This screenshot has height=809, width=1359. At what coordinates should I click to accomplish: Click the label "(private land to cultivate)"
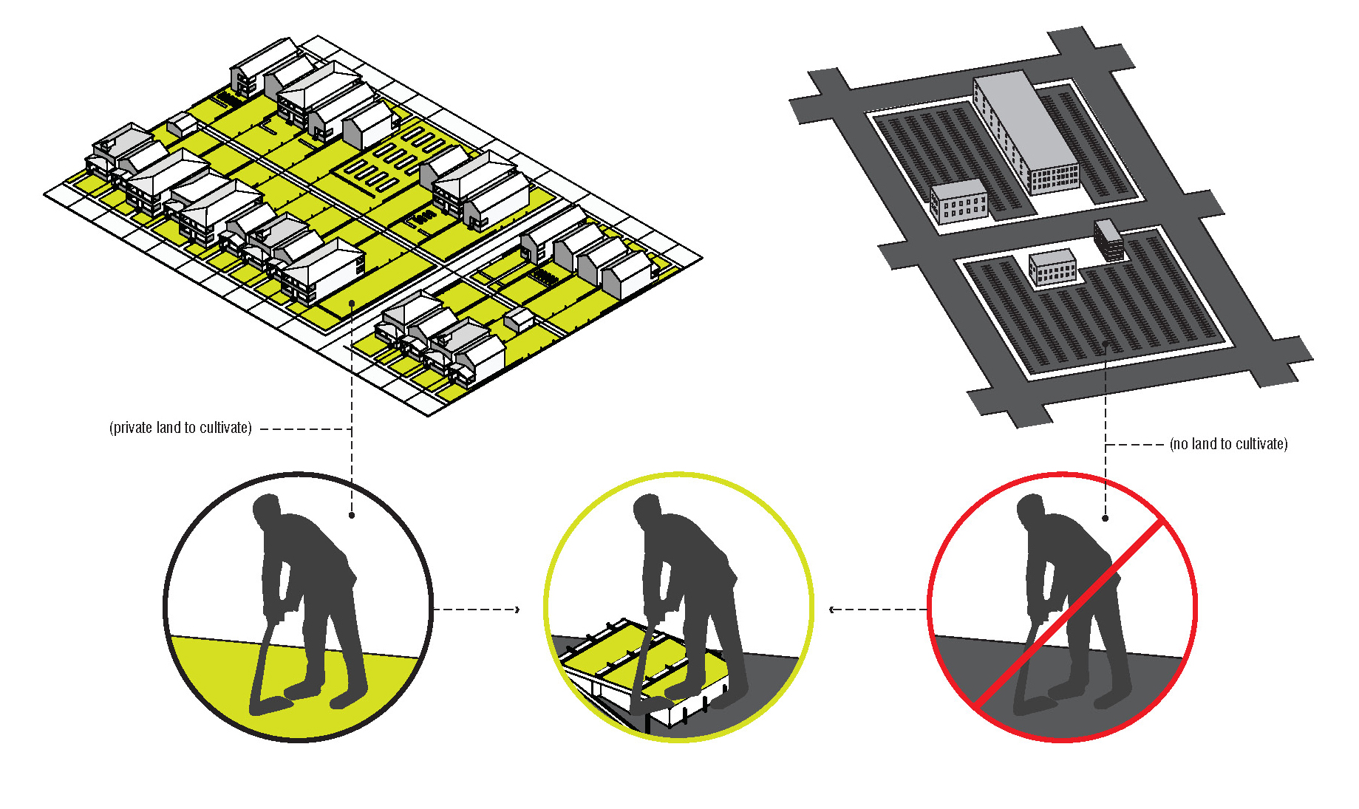click(180, 428)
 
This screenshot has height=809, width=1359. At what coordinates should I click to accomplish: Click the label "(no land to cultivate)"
click(1228, 444)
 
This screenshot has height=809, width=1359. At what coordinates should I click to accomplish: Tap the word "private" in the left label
click(133, 428)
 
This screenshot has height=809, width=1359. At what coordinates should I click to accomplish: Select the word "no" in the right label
click(1180, 444)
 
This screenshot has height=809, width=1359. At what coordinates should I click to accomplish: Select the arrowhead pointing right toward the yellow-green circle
click(517, 610)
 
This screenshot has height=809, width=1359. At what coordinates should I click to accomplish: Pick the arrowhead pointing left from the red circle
click(832, 610)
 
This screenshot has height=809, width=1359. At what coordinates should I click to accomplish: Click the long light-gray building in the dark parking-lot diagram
click(1026, 133)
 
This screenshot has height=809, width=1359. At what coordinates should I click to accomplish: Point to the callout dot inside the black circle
click(352, 515)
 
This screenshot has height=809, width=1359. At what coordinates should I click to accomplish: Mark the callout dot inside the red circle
click(1106, 518)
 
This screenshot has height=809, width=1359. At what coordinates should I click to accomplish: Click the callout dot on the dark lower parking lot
click(1106, 344)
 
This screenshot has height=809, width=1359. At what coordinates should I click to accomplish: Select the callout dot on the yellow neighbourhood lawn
click(352, 303)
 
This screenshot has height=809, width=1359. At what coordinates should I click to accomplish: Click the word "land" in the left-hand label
click(168, 428)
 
